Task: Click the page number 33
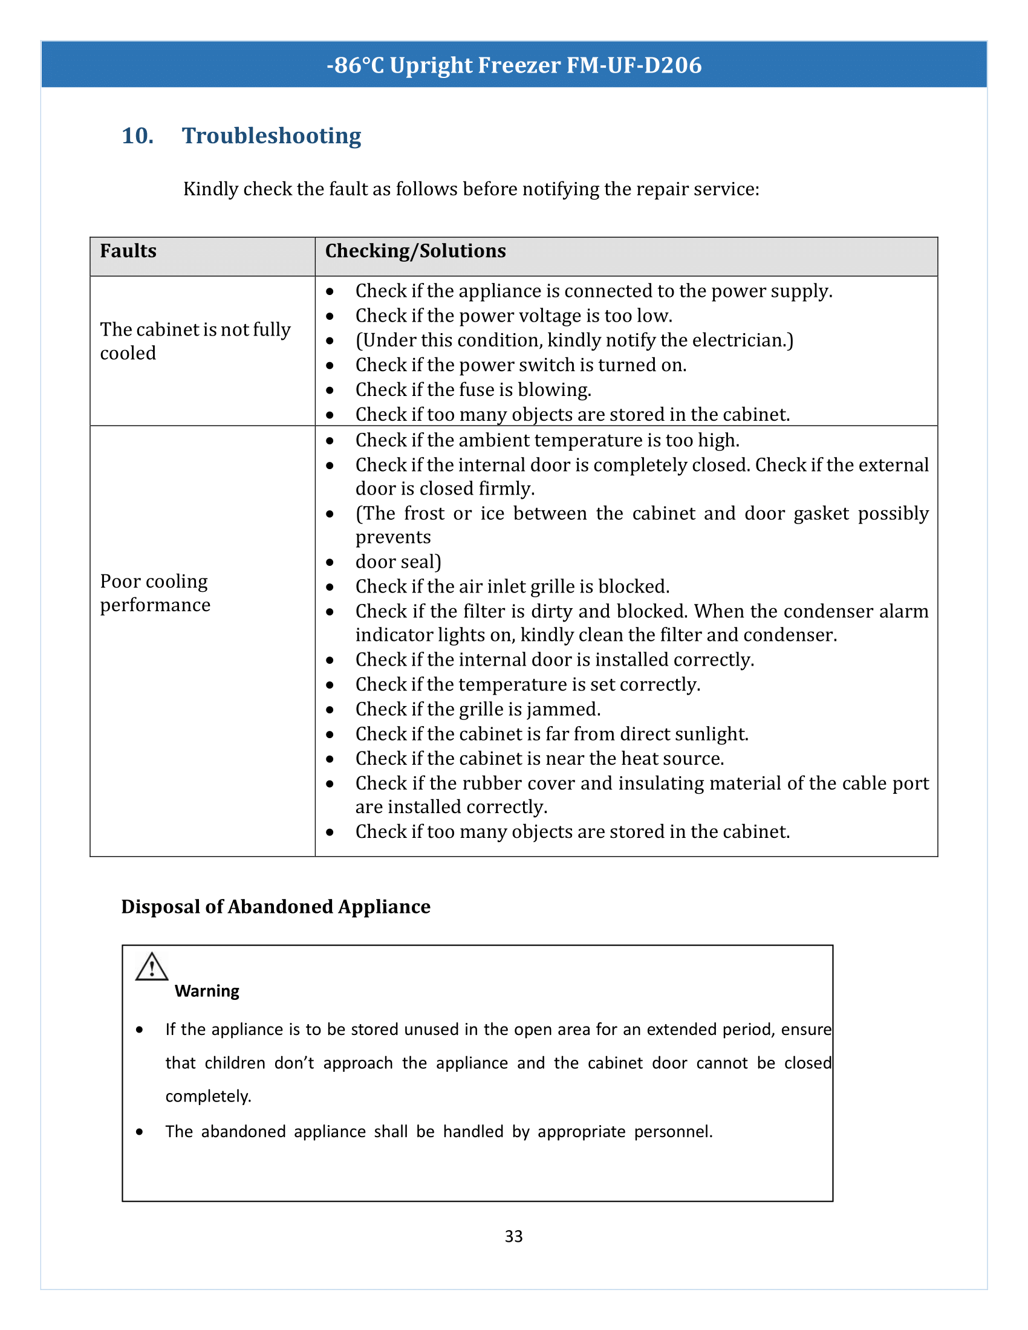coord(513,1236)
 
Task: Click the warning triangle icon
coord(152,967)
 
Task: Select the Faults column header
coord(128,251)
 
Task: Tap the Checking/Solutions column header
coord(415,251)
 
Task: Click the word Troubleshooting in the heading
coord(272,136)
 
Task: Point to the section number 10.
coord(138,136)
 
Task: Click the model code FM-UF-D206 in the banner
coord(634,65)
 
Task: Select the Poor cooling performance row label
coord(155,593)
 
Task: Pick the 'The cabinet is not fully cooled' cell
coord(195,341)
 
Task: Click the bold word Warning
coord(207,991)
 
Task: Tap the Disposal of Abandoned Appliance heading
coord(276,907)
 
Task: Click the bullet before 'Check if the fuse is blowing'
coord(330,391)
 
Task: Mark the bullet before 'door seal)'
coord(330,563)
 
